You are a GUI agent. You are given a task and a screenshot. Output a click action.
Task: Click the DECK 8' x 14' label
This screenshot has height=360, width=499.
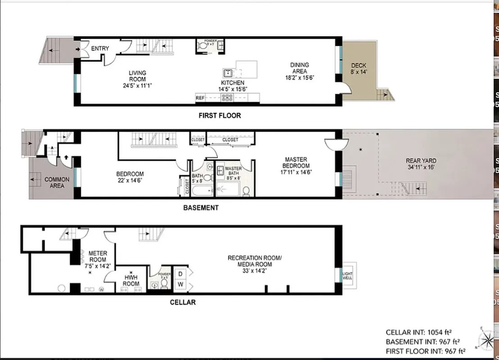(x=358, y=69)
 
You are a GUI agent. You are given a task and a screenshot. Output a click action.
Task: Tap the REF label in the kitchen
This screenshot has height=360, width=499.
(x=200, y=98)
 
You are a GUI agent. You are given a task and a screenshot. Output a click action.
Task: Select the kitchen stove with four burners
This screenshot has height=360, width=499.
(x=227, y=97)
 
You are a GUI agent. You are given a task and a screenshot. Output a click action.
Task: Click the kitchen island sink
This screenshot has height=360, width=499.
(x=227, y=73)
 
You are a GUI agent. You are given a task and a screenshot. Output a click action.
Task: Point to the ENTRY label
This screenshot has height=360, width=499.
(x=100, y=49)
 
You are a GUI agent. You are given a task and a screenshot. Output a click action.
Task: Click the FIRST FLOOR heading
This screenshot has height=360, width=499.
(x=220, y=116)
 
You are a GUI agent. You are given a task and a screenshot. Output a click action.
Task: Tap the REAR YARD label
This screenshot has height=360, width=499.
(x=421, y=164)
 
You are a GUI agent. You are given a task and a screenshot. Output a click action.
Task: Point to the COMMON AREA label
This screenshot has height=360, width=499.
(x=57, y=182)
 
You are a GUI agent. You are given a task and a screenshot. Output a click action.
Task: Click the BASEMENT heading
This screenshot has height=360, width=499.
(x=201, y=208)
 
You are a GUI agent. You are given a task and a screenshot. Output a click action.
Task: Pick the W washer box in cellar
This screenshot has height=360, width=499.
(x=180, y=285)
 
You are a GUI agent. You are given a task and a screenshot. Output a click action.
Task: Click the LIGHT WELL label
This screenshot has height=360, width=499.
(x=348, y=275)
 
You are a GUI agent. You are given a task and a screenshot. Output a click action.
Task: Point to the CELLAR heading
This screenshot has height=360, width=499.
(x=182, y=302)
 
